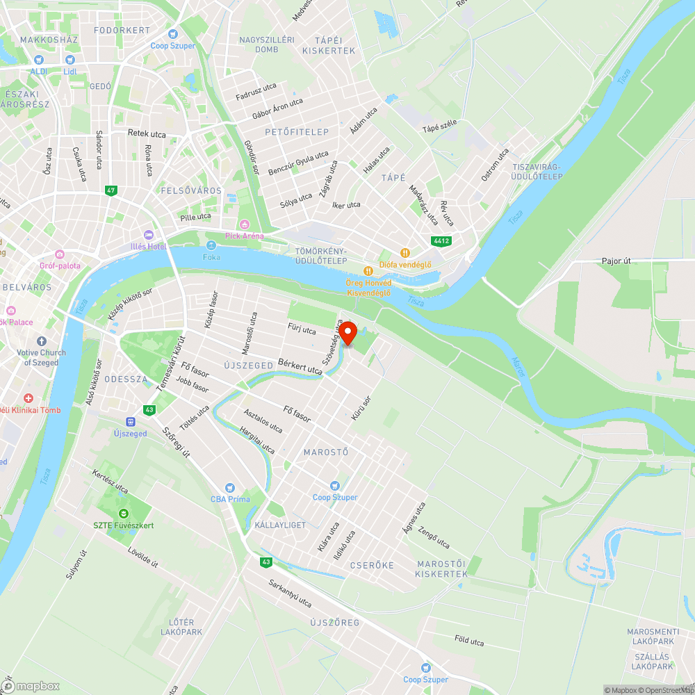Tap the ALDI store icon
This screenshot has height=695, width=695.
[x=38, y=60]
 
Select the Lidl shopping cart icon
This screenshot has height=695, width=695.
[x=69, y=60]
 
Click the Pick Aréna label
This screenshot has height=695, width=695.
[x=245, y=236]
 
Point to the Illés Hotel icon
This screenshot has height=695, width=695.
[x=147, y=234]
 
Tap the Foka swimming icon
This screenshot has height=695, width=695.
[x=211, y=245]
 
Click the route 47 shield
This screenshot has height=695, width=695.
[x=111, y=190]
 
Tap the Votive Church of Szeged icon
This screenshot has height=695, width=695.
[x=42, y=341]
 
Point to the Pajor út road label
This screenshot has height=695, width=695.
[x=616, y=261]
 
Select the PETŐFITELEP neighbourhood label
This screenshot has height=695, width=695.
[x=297, y=131]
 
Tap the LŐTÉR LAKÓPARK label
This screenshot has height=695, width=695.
[x=181, y=627]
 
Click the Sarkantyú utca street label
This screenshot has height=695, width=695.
[x=290, y=593]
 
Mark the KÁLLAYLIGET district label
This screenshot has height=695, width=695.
[x=280, y=525]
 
